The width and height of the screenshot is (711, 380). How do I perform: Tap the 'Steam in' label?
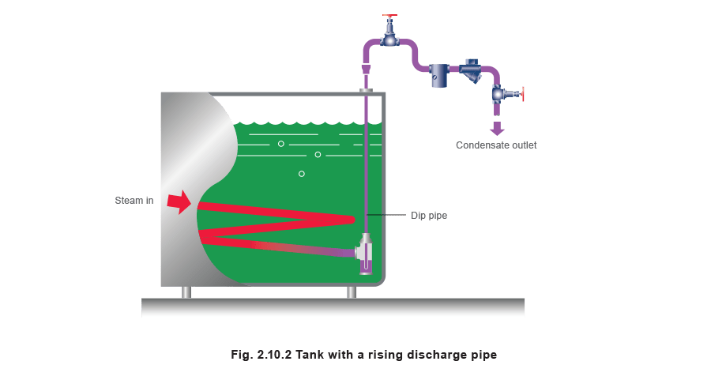pos(133,201)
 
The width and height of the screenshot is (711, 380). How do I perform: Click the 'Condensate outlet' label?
pos(496,145)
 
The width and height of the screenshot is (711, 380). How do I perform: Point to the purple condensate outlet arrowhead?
pos(496,130)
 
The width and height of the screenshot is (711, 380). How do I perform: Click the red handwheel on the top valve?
pos(389,16)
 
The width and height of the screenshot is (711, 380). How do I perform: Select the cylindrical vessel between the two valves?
pos(440,76)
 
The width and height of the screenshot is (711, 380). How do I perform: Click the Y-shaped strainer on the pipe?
pos(472,73)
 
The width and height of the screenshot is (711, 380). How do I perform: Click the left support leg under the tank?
pos(186,292)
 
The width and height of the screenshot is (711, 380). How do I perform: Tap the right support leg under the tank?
pos(352,292)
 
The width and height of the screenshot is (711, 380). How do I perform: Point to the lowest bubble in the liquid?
pos(301,173)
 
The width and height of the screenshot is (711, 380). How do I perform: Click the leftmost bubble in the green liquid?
pos(280,144)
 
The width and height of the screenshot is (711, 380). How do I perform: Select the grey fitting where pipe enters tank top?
pos(366,91)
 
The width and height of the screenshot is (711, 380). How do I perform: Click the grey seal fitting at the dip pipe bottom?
pos(364,252)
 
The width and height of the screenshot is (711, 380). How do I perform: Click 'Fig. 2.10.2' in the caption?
pos(260,355)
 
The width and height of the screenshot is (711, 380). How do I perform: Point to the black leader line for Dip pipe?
pos(386,215)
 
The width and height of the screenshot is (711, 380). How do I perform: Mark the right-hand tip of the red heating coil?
pos(352,218)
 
